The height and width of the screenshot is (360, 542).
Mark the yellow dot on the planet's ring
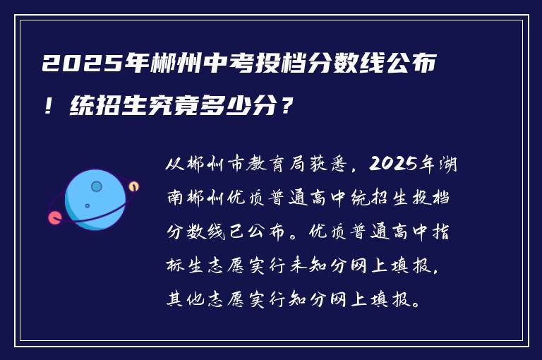pos(133,186)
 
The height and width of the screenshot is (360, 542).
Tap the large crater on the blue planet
pos(97,186)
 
